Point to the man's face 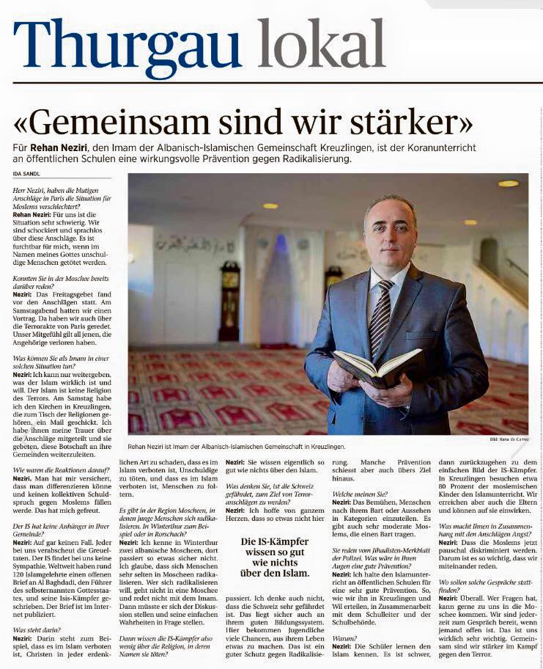coord(391,235)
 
